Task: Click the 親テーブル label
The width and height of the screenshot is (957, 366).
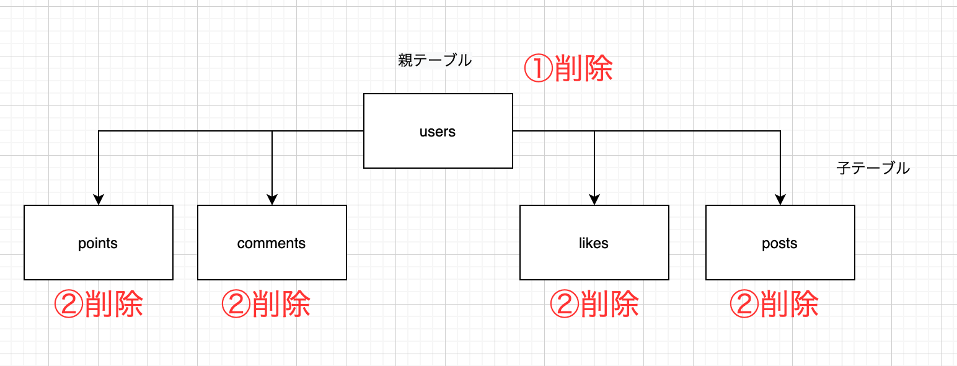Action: click(434, 61)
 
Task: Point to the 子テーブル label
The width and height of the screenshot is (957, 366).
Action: click(873, 168)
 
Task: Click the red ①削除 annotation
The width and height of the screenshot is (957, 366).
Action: click(568, 69)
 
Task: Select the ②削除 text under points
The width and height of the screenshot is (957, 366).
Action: click(99, 304)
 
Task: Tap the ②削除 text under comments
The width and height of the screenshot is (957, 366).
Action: click(266, 304)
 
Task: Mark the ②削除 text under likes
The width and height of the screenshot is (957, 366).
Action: click(594, 304)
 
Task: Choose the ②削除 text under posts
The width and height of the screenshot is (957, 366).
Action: click(774, 304)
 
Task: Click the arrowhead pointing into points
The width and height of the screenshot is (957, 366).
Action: click(99, 200)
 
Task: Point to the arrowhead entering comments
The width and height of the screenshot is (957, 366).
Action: click(272, 200)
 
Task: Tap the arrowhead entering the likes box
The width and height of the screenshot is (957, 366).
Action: click(594, 200)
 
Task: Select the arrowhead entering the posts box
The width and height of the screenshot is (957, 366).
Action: click(780, 200)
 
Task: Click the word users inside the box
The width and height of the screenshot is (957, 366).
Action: click(438, 132)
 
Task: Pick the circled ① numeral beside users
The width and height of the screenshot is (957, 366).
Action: click(538, 69)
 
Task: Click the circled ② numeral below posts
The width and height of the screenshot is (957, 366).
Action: click(743, 304)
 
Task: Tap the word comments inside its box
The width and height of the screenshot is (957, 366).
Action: click(271, 243)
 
